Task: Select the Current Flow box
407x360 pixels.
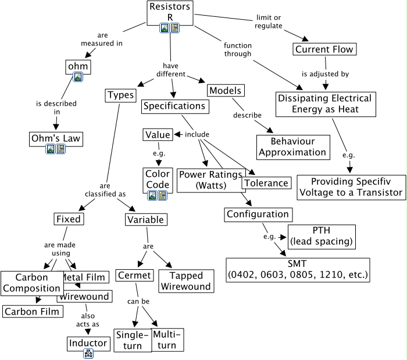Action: point(324,49)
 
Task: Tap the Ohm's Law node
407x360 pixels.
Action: point(55,140)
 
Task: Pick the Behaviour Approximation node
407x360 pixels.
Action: point(292,147)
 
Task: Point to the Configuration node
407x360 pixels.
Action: point(258,215)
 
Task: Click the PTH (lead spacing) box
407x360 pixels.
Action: point(320,236)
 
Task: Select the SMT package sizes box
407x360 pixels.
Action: point(298,269)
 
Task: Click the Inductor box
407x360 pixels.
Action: point(88,343)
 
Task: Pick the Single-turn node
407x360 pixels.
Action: point(133,340)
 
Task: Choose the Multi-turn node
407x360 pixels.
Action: point(167,340)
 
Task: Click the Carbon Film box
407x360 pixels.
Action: point(32,312)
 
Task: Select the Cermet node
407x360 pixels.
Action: point(134,275)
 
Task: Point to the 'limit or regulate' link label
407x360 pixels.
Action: point(269,21)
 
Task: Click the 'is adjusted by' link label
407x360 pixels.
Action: point(325,74)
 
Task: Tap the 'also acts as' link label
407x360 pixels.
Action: point(88,319)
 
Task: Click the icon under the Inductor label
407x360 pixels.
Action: point(88,353)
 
